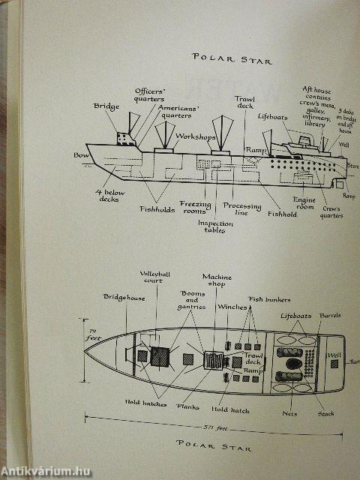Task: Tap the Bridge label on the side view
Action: click(106, 107)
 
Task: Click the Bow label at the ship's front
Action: click(81, 155)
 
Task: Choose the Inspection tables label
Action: click(216, 227)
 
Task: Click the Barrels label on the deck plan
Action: click(331, 315)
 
